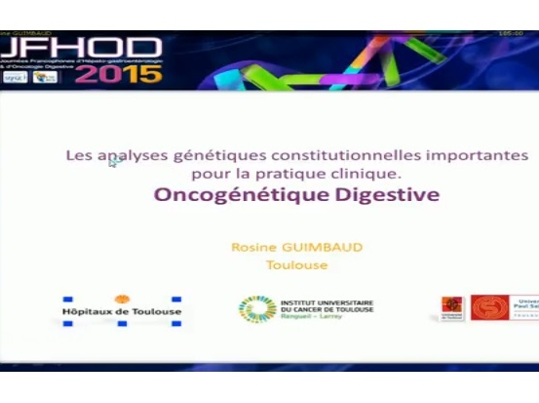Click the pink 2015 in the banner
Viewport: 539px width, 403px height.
point(118,74)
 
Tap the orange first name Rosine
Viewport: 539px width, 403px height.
point(251,247)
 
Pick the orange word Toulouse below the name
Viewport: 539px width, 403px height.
point(296,264)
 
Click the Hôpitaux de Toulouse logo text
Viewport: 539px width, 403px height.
point(122,312)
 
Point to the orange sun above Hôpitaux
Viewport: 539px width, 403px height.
point(122,299)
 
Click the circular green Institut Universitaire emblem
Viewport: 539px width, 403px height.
point(255,309)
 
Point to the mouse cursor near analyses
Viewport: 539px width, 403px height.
point(113,162)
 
